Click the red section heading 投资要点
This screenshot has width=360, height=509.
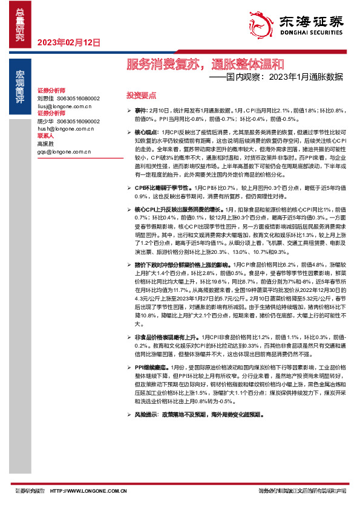(x=141, y=96)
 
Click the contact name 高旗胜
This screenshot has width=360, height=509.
(x=45, y=144)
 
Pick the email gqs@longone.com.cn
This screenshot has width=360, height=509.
(x=63, y=152)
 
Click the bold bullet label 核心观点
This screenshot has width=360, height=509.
(x=146, y=131)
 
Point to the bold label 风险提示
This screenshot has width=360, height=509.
(x=146, y=415)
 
